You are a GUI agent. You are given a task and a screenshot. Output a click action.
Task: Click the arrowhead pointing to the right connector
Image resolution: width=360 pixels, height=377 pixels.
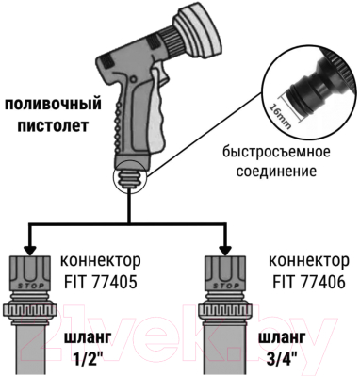pos(224,247)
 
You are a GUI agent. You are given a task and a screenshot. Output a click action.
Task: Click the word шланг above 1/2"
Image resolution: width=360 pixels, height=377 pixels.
pos(89,338)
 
